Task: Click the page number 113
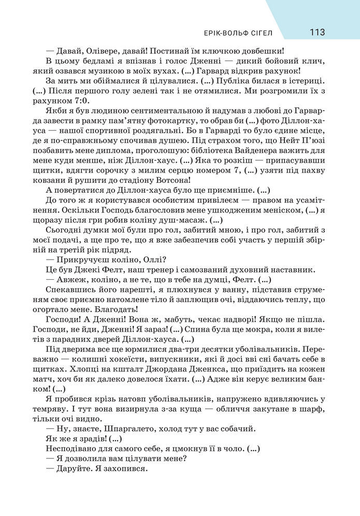tap(317, 32)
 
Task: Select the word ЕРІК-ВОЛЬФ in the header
tap(223, 34)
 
